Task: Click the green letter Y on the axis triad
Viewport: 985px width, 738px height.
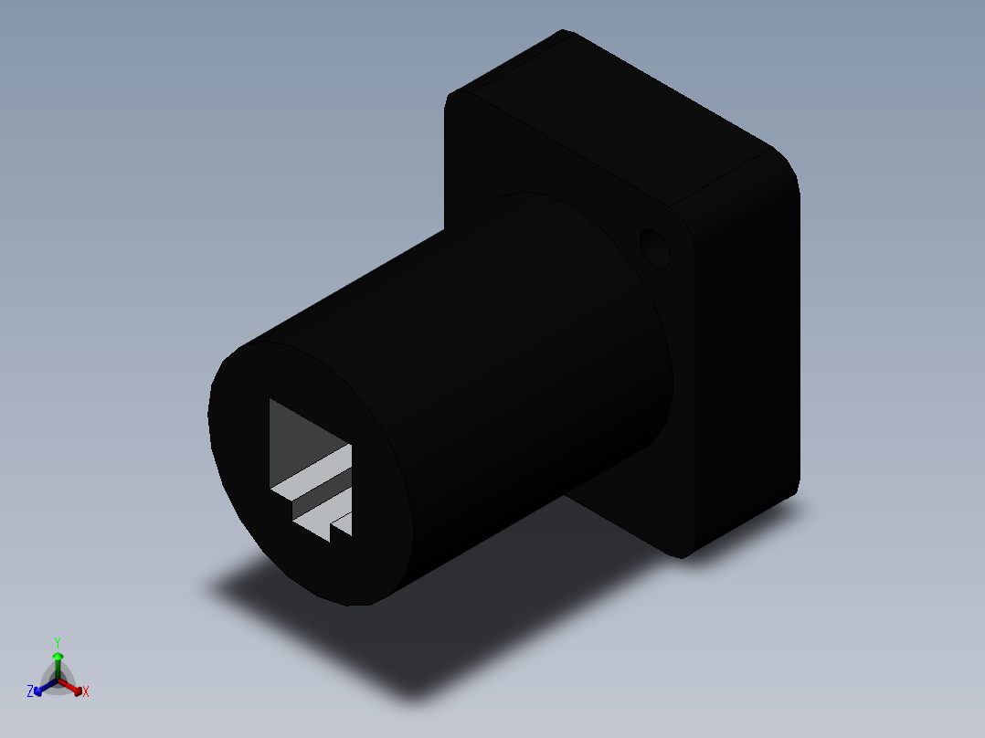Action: tap(57, 642)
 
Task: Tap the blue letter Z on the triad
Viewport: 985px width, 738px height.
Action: tap(30, 691)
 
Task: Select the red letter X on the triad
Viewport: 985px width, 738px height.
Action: tap(86, 692)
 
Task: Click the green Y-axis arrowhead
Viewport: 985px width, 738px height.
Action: tap(57, 657)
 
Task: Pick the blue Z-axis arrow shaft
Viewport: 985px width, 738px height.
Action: tap(44, 686)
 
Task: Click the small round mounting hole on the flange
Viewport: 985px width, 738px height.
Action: tap(655, 248)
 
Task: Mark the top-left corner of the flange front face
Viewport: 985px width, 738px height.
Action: tap(450, 99)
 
